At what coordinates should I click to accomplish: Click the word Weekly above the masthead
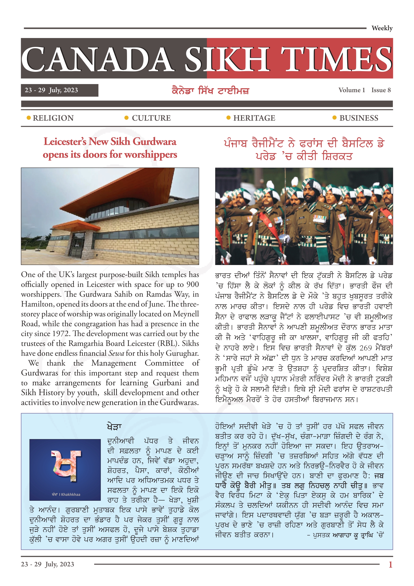coord(382,28)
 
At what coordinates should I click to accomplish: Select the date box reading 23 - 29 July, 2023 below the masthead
coord(59,90)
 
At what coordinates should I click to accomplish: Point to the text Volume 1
coord(351,90)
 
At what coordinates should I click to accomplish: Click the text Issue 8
coord(381,90)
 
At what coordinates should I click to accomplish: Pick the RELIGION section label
coord(53,118)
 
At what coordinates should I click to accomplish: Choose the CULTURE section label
coord(151,118)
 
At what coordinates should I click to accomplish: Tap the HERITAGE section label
coord(254,118)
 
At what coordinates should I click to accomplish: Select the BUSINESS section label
coord(359,118)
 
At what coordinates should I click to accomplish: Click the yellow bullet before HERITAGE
coord(228,118)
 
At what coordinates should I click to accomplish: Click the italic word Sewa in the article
coord(116,353)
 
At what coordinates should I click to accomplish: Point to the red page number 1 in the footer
coord(390,564)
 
